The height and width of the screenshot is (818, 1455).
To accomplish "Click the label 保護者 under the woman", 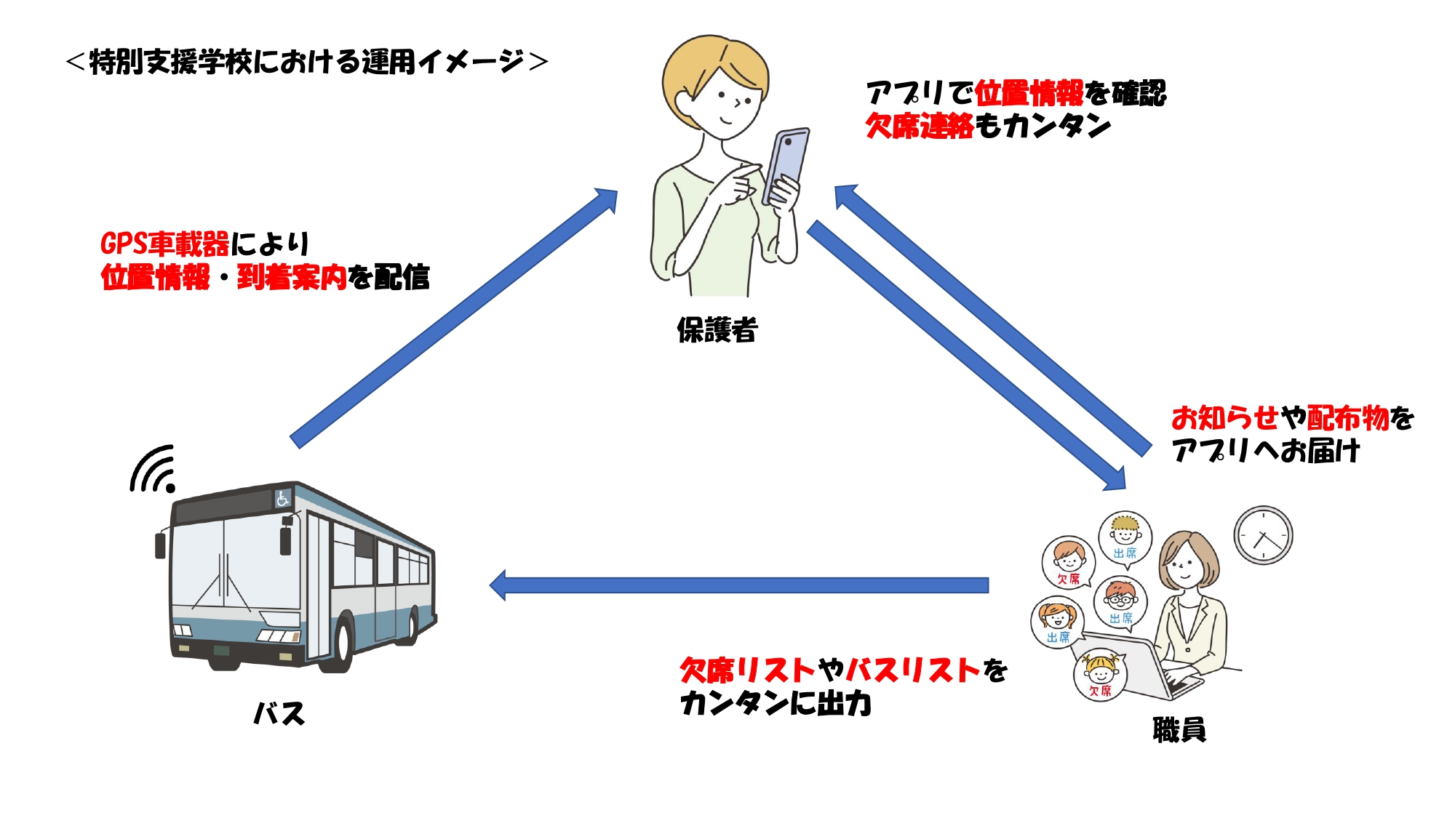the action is pyautogui.click(x=717, y=330).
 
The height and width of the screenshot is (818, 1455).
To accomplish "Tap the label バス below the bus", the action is pyautogui.click(x=279, y=713).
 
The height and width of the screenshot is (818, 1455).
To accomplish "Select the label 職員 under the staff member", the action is pyautogui.click(x=1179, y=729).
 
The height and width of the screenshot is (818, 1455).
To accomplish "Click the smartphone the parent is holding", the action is pyautogui.click(x=786, y=166).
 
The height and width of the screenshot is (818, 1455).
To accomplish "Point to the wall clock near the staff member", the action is pyautogui.click(x=1264, y=535).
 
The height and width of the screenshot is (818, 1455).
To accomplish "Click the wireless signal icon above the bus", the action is pyautogui.click(x=154, y=469).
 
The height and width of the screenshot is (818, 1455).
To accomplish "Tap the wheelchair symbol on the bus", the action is pyautogui.click(x=282, y=498).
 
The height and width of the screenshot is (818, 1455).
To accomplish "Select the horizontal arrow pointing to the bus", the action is pyautogui.click(x=739, y=585).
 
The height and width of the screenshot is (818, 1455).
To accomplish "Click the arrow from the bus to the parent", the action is pyautogui.click(x=454, y=318).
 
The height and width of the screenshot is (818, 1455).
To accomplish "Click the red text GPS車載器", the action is pyautogui.click(x=165, y=244).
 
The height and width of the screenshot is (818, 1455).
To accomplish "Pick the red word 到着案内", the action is pyautogui.click(x=292, y=277).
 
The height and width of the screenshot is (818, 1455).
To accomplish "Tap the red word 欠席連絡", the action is pyautogui.click(x=920, y=126).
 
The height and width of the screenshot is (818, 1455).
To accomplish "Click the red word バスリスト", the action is pyautogui.click(x=914, y=670).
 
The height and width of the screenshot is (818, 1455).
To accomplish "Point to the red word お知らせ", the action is pyautogui.click(x=1225, y=418).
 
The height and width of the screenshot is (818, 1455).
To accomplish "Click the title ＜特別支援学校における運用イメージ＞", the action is pyautogui.click(x=306, y=62).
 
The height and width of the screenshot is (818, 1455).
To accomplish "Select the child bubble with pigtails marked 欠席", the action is pyautogui.click(x=1100, y=675).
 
